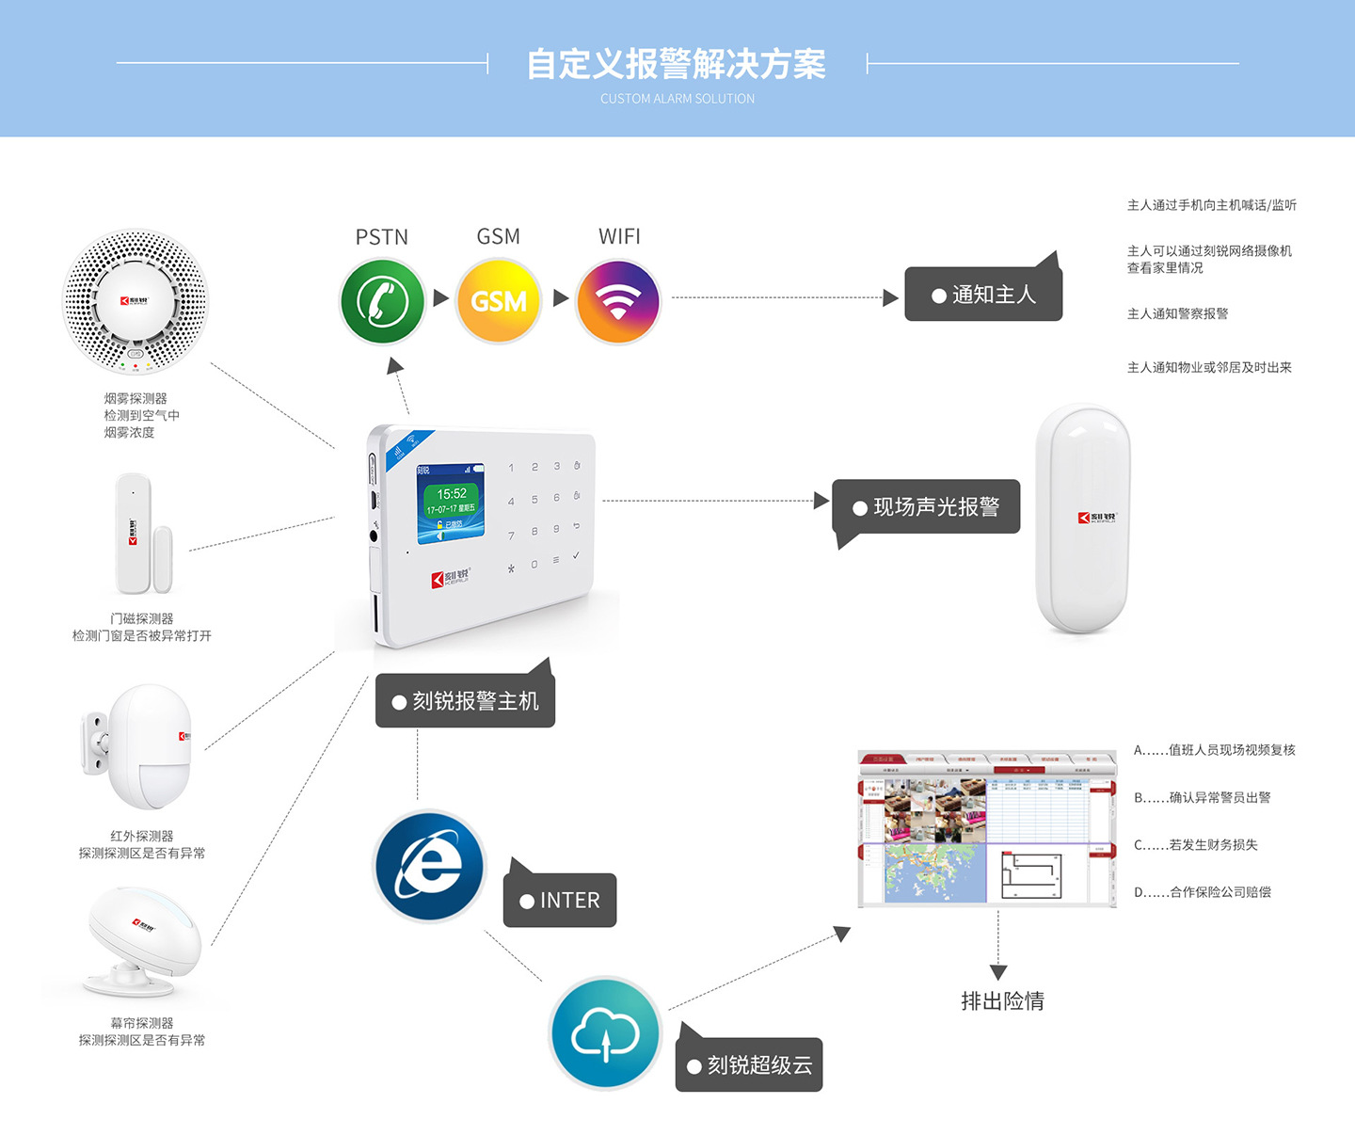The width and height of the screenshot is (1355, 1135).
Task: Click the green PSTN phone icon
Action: click(382, 301)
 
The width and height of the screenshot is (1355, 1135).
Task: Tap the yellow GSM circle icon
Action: click(499, 301)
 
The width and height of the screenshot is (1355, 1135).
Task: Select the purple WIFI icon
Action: click(618, 301)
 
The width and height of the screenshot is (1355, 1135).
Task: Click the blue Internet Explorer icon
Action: click(430, 866)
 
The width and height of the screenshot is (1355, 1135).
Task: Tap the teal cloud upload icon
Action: click(605, 1032)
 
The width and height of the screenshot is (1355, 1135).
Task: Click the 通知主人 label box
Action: click(983, 295)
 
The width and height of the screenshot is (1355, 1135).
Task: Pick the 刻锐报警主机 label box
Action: click(465, 701)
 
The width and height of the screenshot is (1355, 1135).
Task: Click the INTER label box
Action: click(560, 901)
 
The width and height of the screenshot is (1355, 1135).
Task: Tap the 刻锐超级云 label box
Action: click(749, 1064)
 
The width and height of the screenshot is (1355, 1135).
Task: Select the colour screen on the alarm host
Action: click(452, 502)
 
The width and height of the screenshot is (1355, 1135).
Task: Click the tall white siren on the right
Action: click(1082, 519)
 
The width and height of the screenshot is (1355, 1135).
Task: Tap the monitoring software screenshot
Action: click(986, 829)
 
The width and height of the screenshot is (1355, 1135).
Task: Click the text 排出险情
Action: click(1002, 1001)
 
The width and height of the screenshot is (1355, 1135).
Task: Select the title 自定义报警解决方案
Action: click(677, 64)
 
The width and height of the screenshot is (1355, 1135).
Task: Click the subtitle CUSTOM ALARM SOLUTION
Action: click(677, 99)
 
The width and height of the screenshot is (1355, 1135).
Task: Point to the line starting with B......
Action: click(1202, 797)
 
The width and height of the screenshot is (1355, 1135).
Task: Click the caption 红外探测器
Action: click(142, 836)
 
